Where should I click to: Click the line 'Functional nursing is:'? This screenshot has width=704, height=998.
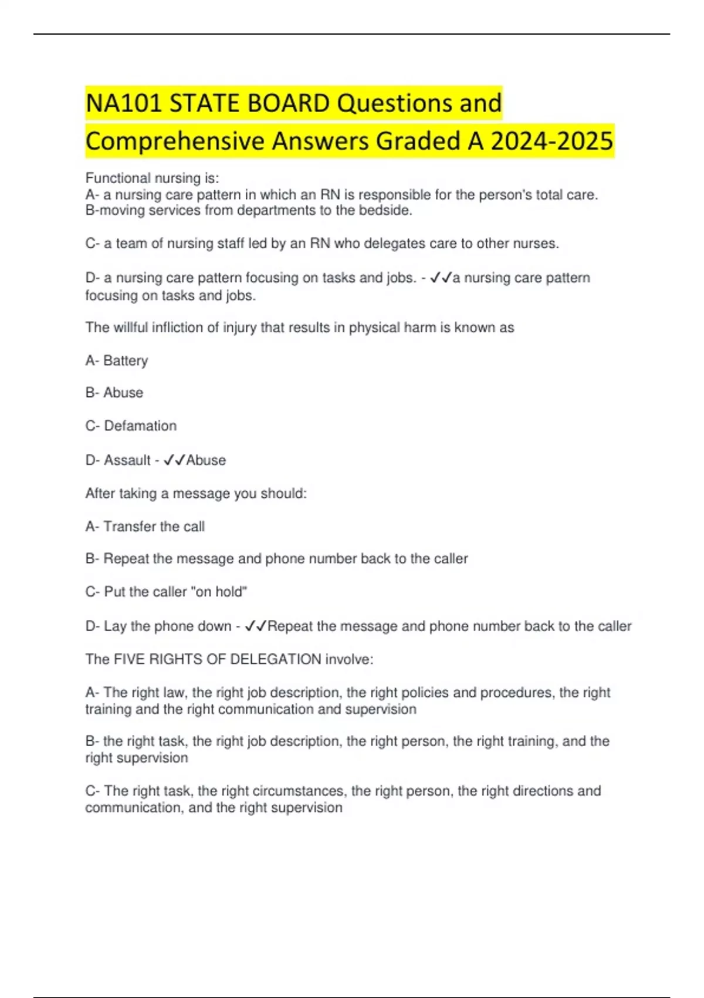(152, 178)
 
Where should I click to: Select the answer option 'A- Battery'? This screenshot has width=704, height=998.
(117, 360)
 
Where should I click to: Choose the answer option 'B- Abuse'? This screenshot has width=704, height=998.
(114, 393)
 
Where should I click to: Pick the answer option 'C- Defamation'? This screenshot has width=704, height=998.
(131, 426)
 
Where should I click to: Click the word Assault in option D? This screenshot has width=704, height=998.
(127, 460)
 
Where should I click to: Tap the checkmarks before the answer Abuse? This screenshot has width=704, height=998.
(174, 460)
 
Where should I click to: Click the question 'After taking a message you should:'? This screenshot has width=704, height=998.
(196, 494)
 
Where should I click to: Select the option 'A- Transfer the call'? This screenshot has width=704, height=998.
(145, 527)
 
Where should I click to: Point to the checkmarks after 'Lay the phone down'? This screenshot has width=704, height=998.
(256, 626)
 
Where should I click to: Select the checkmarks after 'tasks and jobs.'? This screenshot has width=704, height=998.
(441, 278)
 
